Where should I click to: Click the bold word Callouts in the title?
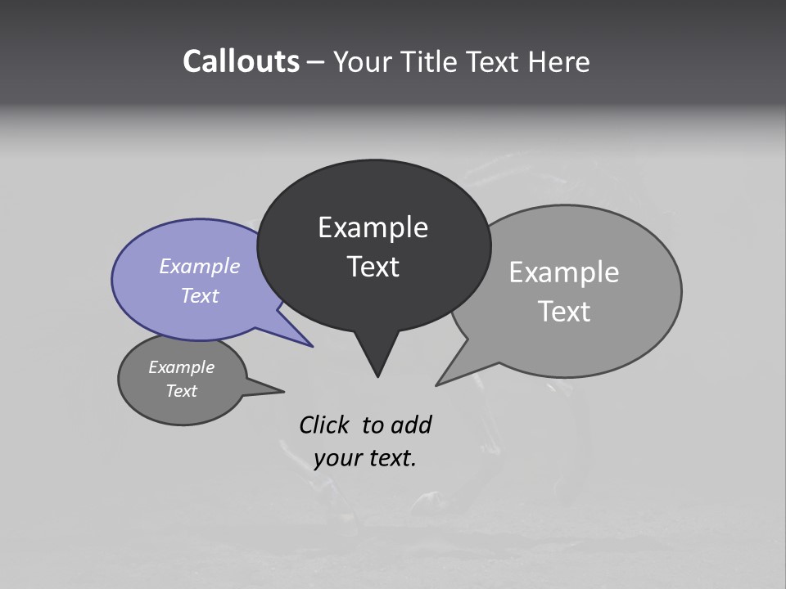(241, 61)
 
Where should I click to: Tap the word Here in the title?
(560, 61)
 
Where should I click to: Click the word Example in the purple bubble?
(200, 266)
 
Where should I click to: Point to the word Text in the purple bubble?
(200, 295)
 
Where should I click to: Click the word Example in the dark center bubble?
(373, 227)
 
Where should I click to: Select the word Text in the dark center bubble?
(373, 267)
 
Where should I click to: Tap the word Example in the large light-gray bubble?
(564, 272)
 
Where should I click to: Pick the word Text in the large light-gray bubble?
(564, 312)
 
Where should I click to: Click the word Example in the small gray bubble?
(181, 367)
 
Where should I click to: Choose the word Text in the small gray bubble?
(181, 391)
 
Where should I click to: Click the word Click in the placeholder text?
(323, 425)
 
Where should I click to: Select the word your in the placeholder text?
(337, 458)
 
